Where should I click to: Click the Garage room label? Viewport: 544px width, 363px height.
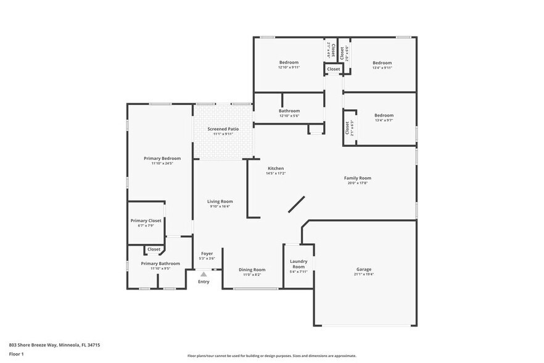coord(363,269)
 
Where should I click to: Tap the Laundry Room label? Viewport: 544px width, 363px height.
coord(299,264)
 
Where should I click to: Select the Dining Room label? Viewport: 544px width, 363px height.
coord(252,269)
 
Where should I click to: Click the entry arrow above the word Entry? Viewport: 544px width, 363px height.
coord(204,275)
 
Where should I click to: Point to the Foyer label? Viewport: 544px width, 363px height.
coord(207,253)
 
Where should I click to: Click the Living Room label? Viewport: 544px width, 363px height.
coord(220,201)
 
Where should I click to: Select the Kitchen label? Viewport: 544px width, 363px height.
coord(276,169)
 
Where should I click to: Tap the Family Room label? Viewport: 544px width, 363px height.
coord(358,178)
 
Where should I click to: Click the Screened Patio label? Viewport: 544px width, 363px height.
coord(223,128)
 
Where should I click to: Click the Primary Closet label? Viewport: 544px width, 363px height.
coord(146,220)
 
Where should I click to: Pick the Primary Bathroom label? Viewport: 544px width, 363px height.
coord(160,264)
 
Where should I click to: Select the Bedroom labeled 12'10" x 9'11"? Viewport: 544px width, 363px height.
coord(289,62)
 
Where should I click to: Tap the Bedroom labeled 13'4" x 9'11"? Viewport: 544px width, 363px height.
coord(382,62)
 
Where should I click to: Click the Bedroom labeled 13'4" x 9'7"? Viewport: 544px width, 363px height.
coord(384,115)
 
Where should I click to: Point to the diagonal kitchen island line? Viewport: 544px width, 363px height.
coord(296,204)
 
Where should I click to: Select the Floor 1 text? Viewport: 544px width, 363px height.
coord(16,354)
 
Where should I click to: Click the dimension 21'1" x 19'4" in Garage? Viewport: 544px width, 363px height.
coord(363,274)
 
